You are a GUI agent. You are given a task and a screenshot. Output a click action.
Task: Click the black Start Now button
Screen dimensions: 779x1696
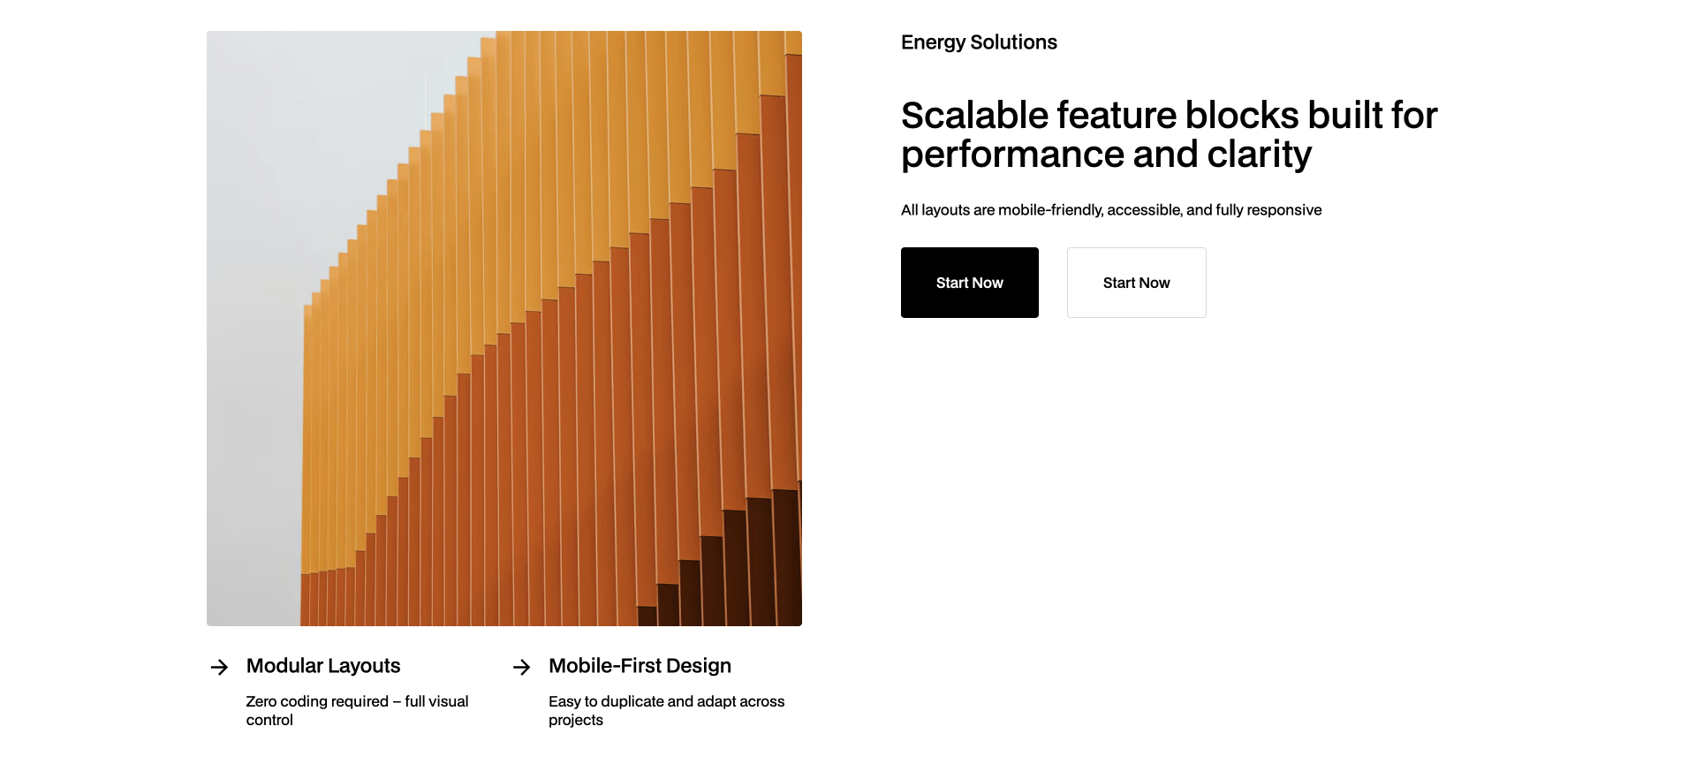point(969,283)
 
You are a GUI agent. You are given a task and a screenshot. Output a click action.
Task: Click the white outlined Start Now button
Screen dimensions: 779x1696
point(1136,283)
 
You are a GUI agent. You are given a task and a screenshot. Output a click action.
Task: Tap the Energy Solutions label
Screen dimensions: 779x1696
point(978,42)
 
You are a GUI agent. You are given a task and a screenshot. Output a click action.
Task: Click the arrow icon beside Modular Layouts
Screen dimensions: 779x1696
point(219,667)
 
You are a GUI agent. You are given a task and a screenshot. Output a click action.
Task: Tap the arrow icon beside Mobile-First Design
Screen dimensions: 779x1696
point(521,667)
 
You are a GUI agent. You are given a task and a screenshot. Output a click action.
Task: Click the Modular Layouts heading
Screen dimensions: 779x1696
point(323,666)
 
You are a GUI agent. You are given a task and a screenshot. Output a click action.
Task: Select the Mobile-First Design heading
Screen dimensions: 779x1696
point(640,666)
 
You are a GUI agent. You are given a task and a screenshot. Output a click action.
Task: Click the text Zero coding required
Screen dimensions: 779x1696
point(317,701)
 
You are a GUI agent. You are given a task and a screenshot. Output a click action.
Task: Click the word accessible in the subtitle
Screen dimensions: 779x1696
point(1144,210)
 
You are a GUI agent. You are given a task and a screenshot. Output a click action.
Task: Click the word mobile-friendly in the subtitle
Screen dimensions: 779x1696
point(1049,210)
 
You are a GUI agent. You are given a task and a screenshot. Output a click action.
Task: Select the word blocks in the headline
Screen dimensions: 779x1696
point(1242,116)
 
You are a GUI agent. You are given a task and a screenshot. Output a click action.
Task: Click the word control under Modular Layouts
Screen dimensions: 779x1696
point(269,720)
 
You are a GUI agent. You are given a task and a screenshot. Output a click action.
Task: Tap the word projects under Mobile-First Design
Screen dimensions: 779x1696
point(575,720)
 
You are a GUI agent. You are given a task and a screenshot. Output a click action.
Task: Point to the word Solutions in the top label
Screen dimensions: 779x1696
point(1013,42)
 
